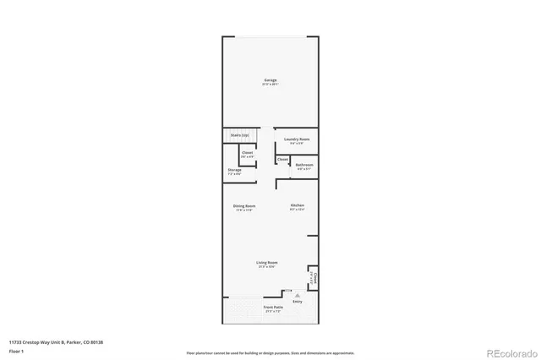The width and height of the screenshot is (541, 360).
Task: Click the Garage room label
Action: pyautogui.click(x=270, y=80)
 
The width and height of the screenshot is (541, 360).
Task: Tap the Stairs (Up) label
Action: pyautogui.click(x=240, y=135)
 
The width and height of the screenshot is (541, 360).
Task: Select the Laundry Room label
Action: pyautogui.click(x=296, y=139)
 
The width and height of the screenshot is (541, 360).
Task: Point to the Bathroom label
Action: pyautogui.click(x=304, y=165)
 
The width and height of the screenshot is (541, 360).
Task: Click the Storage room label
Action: pyautogui.click(x=234, y=170)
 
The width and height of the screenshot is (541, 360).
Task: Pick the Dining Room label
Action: pyautogui.click(x=244, y=206)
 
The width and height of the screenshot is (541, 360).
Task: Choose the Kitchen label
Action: pyautogui.click(x=298, y=206)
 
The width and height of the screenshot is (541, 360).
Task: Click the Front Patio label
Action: pyautogui.click(x=272, y=307)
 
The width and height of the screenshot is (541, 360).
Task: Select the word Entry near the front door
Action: pyautogui.click(x=297, y=301)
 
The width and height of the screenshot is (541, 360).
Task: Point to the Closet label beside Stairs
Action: pyautogui.click(x=247, y=153)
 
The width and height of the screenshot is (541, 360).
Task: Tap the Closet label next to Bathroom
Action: pyautogui.click(x=282, y=159)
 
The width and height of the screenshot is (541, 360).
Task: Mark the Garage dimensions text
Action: pyautogui.click(x=270, y=85)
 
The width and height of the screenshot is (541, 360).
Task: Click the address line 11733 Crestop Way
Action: pyautogui.click(x=61, y=341)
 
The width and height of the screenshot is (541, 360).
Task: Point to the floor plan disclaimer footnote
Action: pyautogui.click(x=270, y=352)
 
